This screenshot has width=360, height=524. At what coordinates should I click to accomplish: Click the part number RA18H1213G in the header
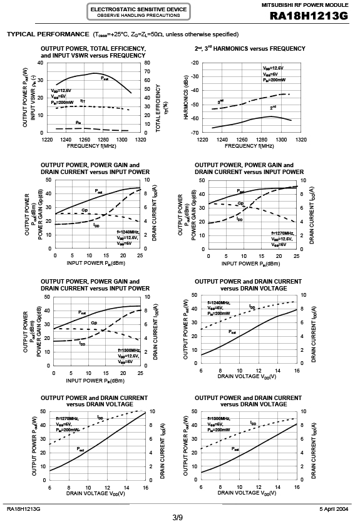click(x=309, y=16)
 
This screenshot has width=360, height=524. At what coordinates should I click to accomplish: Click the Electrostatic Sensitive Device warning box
click(x=138, y=12)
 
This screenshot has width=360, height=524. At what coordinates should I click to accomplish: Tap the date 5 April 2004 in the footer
click(x=334, y=509)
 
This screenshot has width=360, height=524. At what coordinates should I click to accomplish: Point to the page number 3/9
click(x=177, y=518)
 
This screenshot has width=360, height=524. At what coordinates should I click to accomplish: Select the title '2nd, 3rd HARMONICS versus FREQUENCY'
click(x=250, y=48)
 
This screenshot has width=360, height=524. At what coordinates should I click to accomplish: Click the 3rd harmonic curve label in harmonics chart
click(x=220, y=101)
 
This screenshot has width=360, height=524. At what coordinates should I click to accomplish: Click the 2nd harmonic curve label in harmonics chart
click(x=273, y=108)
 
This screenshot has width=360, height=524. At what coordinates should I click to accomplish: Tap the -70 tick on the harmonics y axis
click(x=195, y=133)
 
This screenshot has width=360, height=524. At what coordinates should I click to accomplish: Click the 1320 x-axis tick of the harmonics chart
click(x=301, y=140)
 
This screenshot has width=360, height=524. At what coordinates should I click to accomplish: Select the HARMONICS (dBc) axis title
click(x=186, y=97)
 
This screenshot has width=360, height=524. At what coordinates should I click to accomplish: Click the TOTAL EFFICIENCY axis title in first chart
click(x=158, y=108)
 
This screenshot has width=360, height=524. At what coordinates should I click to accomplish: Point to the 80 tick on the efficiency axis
click(x=147, y=63)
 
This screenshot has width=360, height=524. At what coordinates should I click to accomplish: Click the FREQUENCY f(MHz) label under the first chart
click(x=91, y=146)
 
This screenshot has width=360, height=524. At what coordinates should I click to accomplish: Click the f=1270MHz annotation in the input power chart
click(x=282, y=233)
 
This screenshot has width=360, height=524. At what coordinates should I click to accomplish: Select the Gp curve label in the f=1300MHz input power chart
click(x=94, y=323)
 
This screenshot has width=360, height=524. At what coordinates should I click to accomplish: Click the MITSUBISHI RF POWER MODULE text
click(x=305, y=5)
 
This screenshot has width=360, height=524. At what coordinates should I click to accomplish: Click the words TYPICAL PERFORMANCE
click(x=48, y=34)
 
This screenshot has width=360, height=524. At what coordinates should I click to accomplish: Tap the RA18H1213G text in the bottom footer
click(x=23, y=509)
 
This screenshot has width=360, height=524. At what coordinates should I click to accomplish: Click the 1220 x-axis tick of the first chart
click(x=47, y=140)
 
